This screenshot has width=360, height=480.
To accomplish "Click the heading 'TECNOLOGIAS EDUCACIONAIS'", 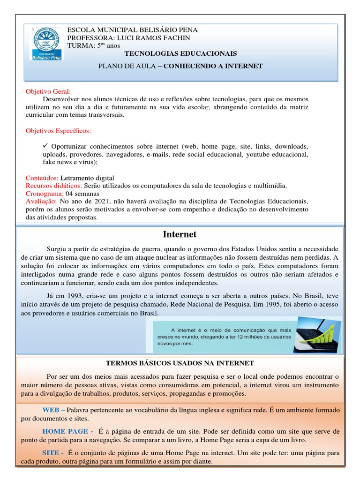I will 180,54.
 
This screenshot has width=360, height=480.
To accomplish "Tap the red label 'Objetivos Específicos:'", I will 59,130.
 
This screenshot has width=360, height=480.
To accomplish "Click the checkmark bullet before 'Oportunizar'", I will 45,146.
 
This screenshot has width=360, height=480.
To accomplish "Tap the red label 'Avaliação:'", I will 41,202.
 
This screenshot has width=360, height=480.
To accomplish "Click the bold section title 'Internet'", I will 180,234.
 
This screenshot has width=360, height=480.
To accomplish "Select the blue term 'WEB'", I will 51,409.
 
